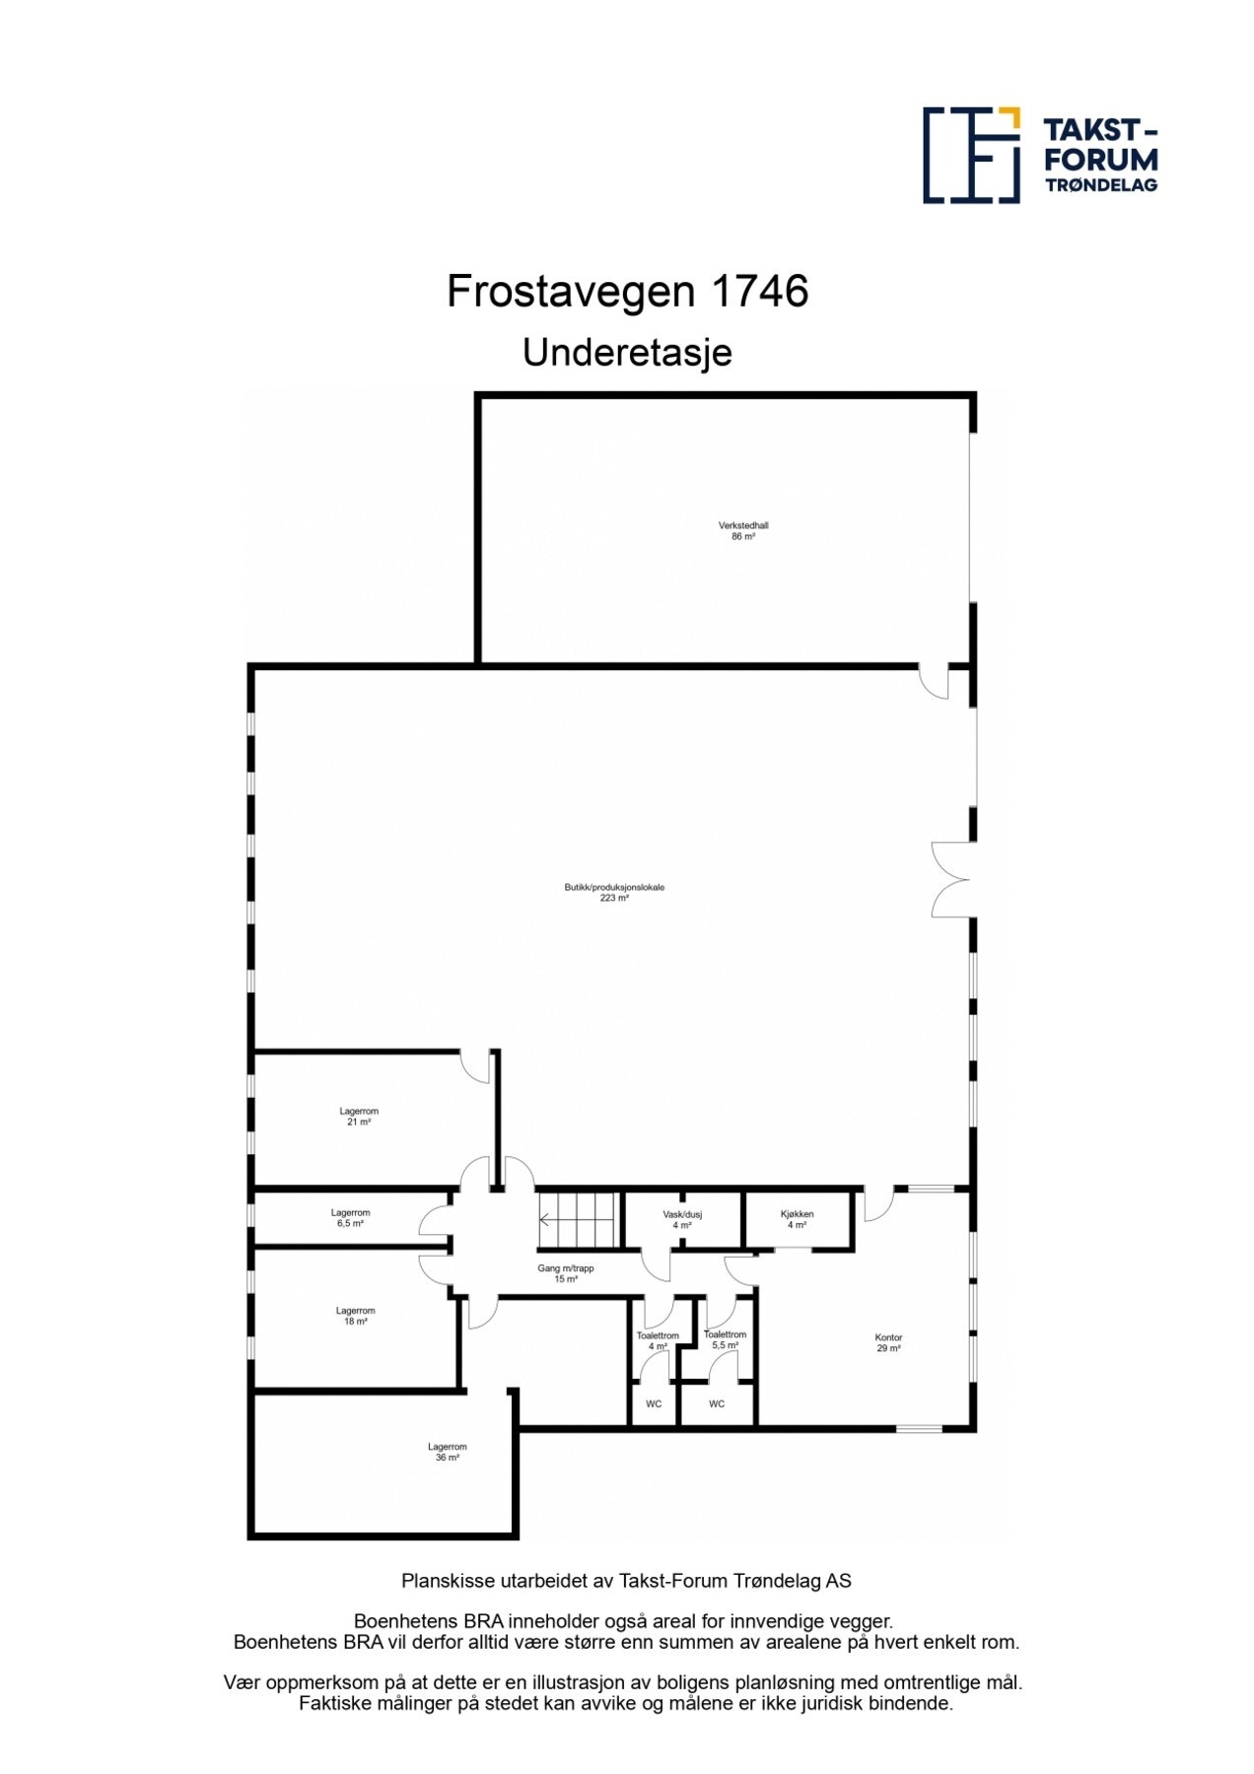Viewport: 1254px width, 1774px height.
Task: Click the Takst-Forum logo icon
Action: tap(971, 156)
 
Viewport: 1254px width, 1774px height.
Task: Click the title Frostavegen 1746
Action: tap(627, 292)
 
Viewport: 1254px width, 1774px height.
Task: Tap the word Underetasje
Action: tap(627, 352)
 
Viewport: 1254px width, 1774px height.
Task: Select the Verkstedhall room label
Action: tap(743, 531)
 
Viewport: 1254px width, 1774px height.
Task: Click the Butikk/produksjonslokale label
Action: tap(614, 892)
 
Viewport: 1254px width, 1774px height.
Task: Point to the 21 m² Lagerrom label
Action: tap(359, 1116)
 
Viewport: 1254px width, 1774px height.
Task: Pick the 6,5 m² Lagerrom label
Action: tap(350, 1218)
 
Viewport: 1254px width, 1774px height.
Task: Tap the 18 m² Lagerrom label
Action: tap(355, 1316)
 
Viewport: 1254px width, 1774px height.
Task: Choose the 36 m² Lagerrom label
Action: tap(447, 1452)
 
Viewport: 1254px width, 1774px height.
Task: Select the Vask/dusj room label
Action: tap(682, 1220)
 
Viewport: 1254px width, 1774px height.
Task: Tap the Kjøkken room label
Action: tap(797, 1219)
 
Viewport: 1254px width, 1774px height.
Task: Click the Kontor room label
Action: tap(888, 1342)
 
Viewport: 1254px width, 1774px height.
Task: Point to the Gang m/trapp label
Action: tap(566, 1273)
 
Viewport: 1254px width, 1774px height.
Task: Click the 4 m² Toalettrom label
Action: tap(658, 1340)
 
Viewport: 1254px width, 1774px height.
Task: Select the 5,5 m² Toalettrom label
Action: tap(725, 1339)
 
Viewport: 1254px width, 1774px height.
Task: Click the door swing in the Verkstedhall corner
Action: tap(933, 681)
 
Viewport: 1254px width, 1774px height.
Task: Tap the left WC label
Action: tap(654, 1403)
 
